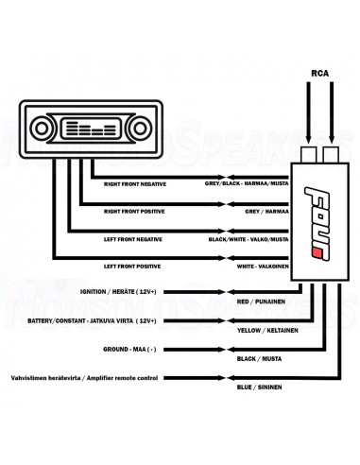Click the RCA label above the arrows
click(x=319, y=73)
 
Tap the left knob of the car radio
click(x=42, y=129)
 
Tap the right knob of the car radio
click(x=140, y=129)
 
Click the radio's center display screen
click(x=91, y=129)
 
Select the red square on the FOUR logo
click(x=316, y=253)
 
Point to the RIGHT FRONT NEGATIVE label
click(x=135, y=184)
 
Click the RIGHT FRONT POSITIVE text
click(x=134, y=212)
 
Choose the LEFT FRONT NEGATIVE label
click(x=133, y=239)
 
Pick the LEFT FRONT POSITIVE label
click(x=132, y=267)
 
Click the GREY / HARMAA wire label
click(x=266, y=212)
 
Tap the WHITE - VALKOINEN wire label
click(x=263, y=267)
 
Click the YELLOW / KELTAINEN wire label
click(x=267, y=331)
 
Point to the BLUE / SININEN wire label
click(x=259, y=387)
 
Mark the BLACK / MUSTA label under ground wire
click(x=259, y=359)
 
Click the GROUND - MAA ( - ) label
click(x=129, y=350)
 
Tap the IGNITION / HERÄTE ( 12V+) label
click(x=118, y=292)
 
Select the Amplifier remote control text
click(x=122, y=378)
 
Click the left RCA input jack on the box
click(x=309, y=154)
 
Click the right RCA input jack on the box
click(x=331, y=154)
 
